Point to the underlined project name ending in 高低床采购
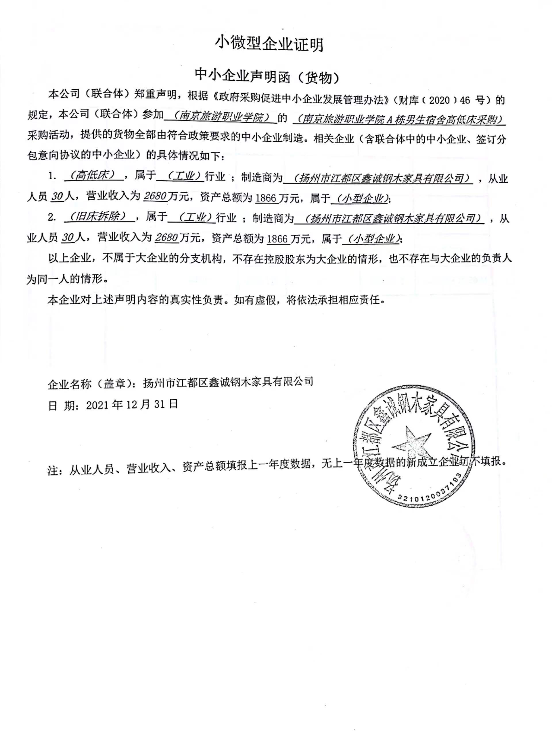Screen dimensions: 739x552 coord(399,119)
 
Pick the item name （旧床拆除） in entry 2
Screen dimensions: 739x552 coord(99,217)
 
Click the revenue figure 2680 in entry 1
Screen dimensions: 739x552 coord(155,196)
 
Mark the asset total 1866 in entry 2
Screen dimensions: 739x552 coord(277,239)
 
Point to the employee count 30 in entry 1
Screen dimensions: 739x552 coord(57,197)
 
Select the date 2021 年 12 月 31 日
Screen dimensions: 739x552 coord(132,405)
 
